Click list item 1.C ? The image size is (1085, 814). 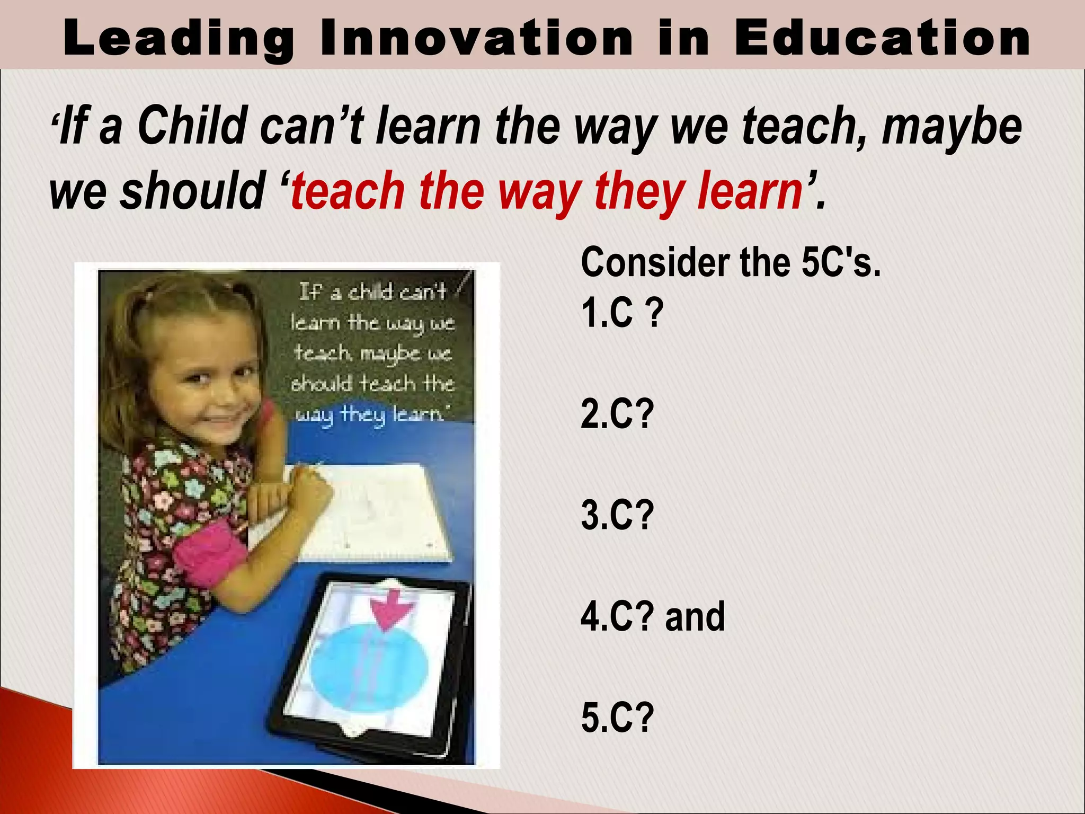[622, 312]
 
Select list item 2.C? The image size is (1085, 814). [618, 414]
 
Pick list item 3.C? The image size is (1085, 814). [618, 515]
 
